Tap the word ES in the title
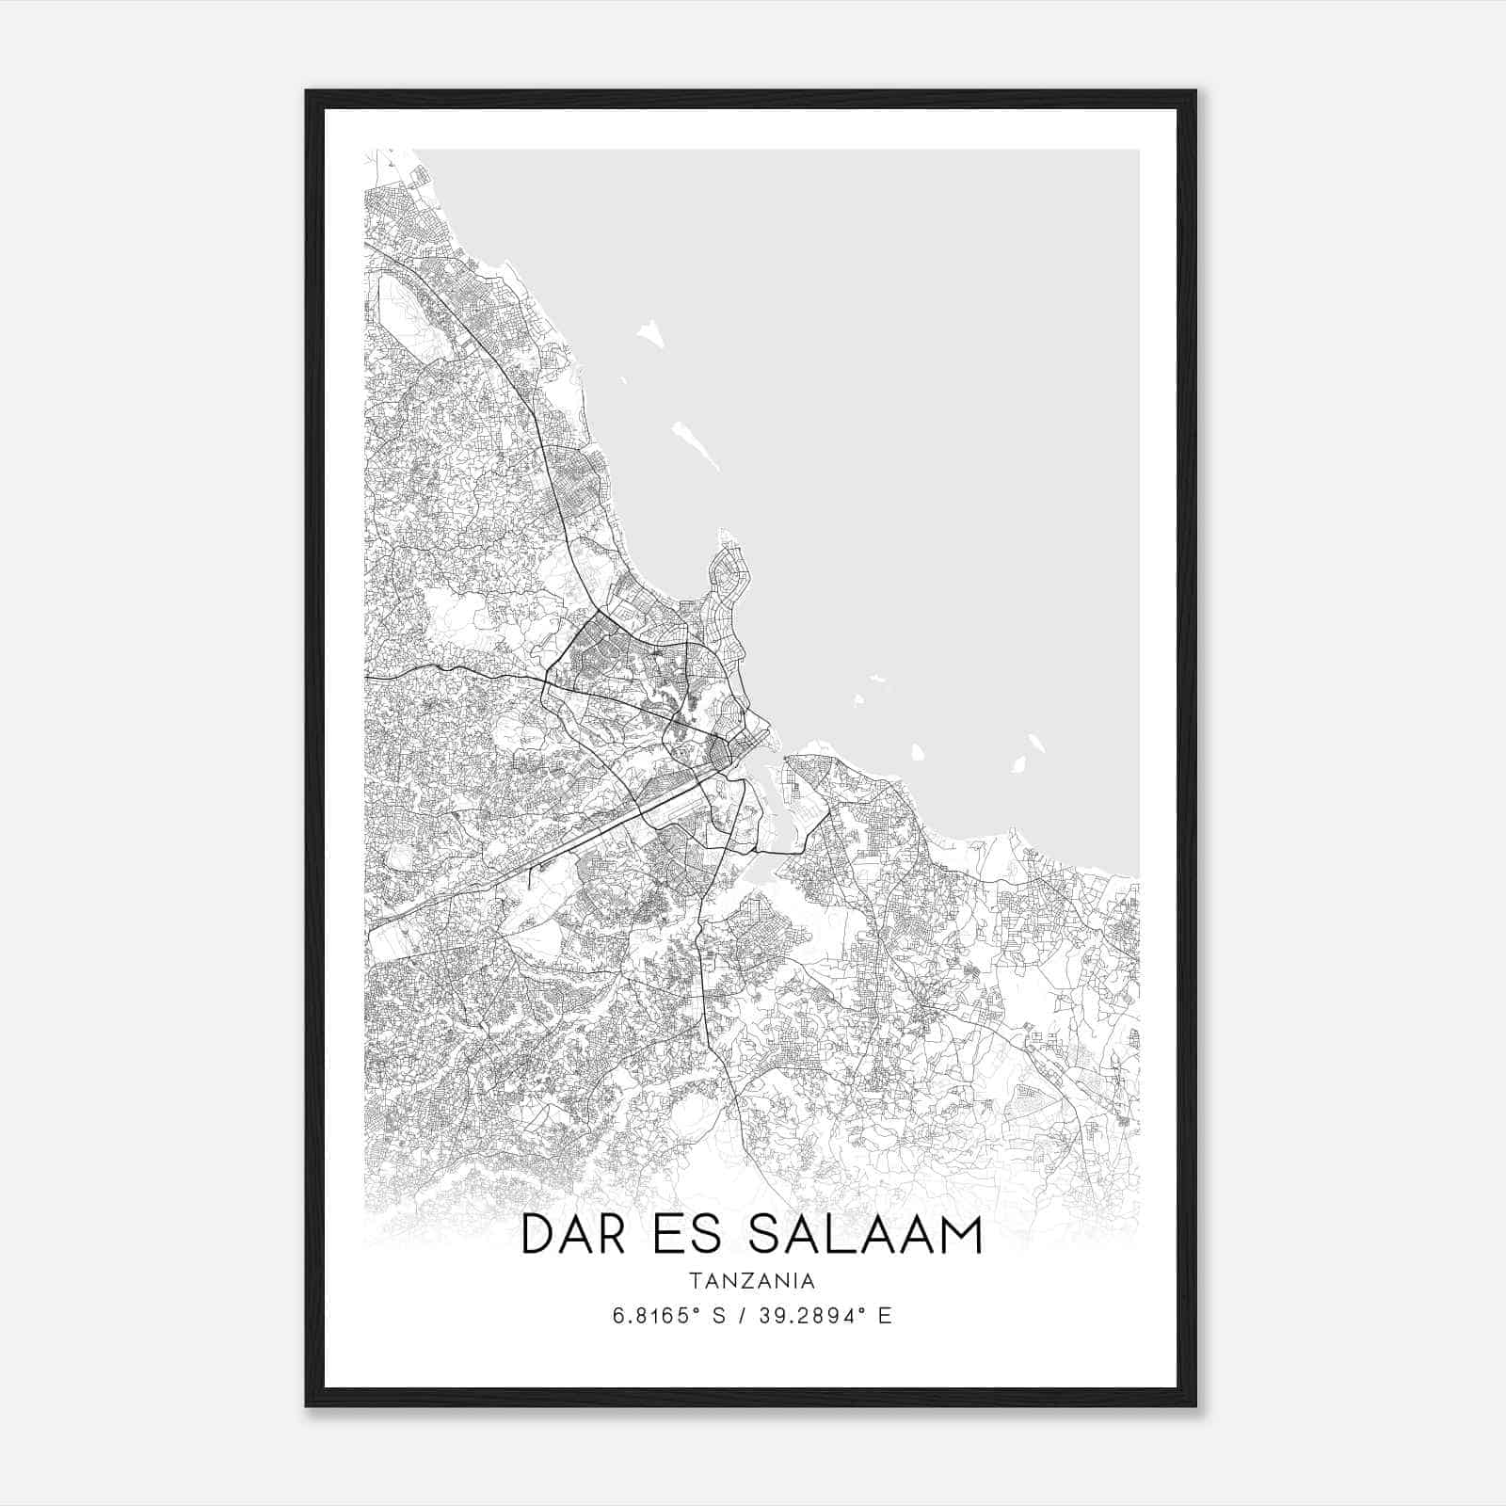[x=697, y=1234]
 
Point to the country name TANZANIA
[x=751, y=1281]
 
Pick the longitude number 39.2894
[x=807, y=1317]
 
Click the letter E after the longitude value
[x=884, y=1317]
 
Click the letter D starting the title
[x=538, y=1234]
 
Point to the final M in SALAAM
[x=960, y=1234]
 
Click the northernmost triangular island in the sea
[x=649, y=334]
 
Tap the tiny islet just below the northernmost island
[x=623, y=380]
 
